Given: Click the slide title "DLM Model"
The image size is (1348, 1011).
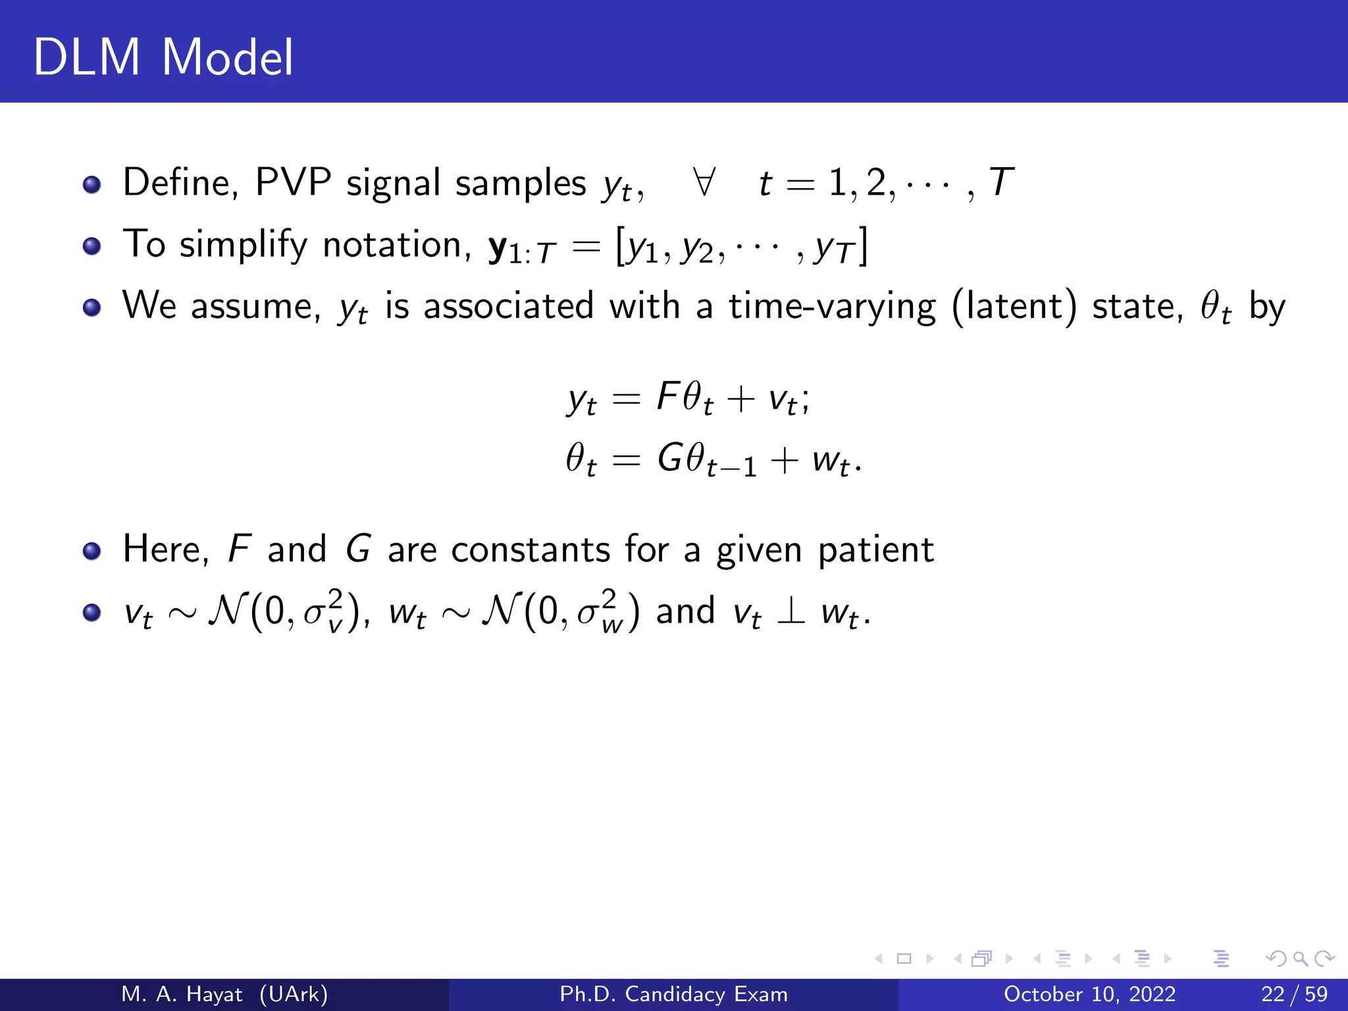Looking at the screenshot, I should [163, 58].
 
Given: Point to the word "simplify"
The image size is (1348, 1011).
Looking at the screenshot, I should [243, 245].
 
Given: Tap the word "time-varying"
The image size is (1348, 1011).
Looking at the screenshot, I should [832, 307].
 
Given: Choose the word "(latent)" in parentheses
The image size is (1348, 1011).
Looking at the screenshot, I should [1014, 307].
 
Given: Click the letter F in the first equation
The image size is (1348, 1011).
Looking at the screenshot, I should [667, 396].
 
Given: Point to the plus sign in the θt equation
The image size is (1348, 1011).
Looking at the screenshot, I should [784, 459].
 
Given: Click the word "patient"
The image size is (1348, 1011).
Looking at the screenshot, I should [875, 550].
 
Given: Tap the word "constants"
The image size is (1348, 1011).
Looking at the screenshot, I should [531, 549].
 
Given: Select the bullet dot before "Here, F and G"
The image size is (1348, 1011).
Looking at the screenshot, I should [91, 550].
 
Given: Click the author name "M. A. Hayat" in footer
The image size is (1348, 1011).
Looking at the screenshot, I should [182, 994].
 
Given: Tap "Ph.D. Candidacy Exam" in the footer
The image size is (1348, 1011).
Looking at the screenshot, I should [673, 994].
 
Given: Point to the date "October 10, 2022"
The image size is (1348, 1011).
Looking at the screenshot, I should [1089, 994].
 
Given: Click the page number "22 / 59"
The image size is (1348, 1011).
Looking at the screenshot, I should [1294, 994].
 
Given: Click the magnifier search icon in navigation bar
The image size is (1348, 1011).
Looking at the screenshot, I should [1300, 959].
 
